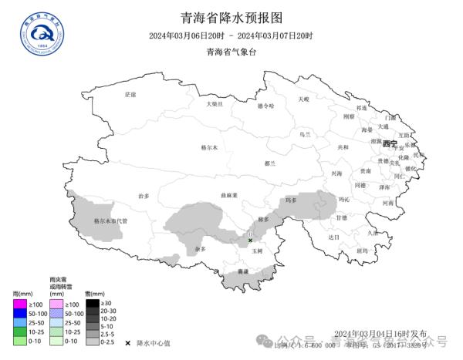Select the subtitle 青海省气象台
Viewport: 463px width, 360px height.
pyautogui.click(x=231, y=52)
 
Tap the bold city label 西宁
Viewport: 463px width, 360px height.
pyautogui.click(x=390, y=144)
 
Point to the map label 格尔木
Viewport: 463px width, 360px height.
pyautogui.click(x=209, y=147)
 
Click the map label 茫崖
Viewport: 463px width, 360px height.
pyautogui.click(x=130, y=94)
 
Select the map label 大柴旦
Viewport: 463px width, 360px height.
pyautogui.click(x=214, y=103)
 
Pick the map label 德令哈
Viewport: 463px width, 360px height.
pyautogui.click(x=265, y=106)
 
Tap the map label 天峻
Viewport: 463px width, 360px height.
pyautogui.click(x=303, y=99)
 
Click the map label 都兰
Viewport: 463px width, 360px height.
pyautogui.click(x=269, y=163)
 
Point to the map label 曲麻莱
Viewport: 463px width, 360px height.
pyautogui.click(x=229, y=195)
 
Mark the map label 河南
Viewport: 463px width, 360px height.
pyautogui.click(x=388, y=203)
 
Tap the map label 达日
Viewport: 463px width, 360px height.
pyautogui.click(x=333, y=237)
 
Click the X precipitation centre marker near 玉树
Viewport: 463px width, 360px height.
pyautogui.click(x=250, y=241)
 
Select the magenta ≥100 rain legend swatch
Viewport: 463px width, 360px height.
pyautogui.click(x=20, y=304)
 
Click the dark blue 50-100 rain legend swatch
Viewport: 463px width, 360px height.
pyautogui.click(x=20, y=314)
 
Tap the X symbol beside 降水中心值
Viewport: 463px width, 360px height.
pyautogui.click(x=127, y=341)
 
